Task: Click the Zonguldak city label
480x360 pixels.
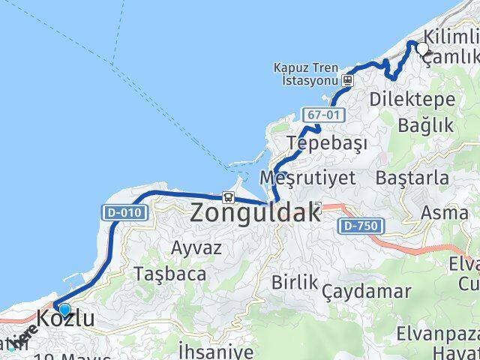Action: (x=255, y=212)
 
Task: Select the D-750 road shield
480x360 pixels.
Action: (x=361, y=226)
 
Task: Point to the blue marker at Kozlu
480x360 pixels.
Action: (x=64, y=310)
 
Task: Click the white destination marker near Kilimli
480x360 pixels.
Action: (x=422, y=49)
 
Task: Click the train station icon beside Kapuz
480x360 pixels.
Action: (x=347, y=79)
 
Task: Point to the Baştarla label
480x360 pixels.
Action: (x=412, y=178)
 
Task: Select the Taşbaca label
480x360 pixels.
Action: (x=169, y=274)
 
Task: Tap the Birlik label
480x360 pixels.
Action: (x=295, y=283)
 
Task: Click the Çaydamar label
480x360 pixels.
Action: (x=367, y=291)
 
